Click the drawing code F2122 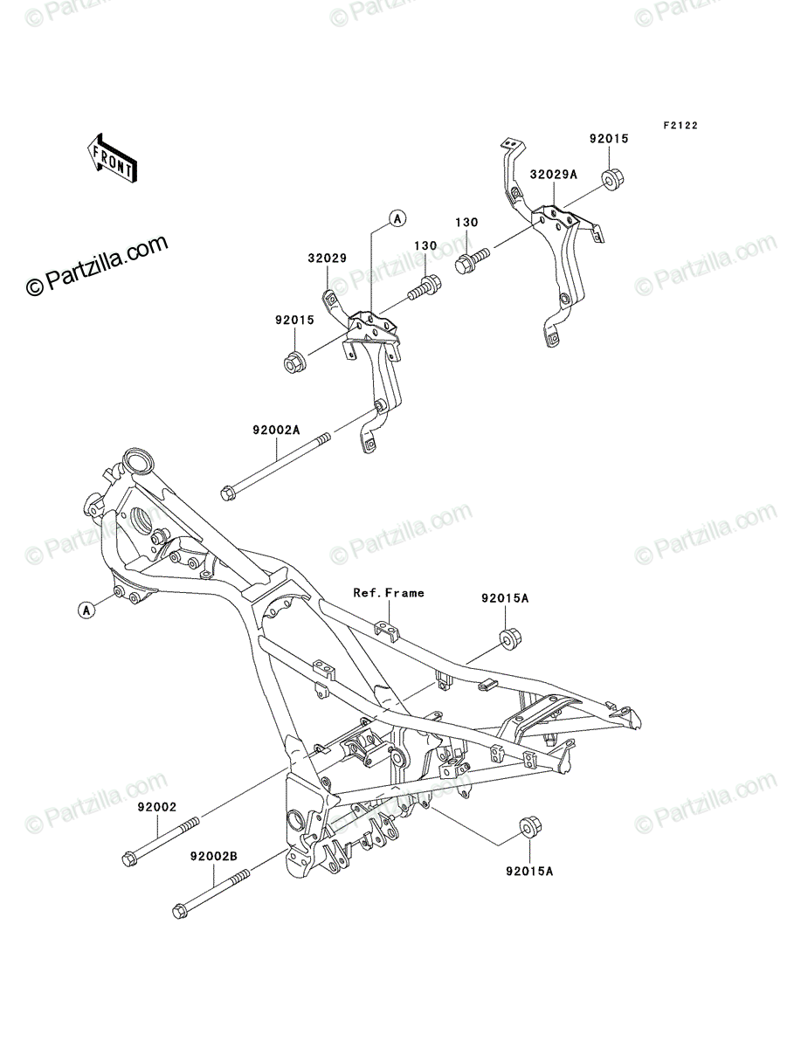coord(680,126)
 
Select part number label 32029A coord(553,175)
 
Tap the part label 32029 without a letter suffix coord(327,259)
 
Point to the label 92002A coord(276,431)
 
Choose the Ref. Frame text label coord(389,593)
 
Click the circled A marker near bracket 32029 coord(397,219)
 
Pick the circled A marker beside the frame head coord(86,610)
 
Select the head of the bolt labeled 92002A coord(228,493)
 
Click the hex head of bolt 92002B coord(180,912)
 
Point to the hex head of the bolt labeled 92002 coord(129,859)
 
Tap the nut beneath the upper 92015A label coord(510,638)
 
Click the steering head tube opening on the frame coord(138,462)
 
